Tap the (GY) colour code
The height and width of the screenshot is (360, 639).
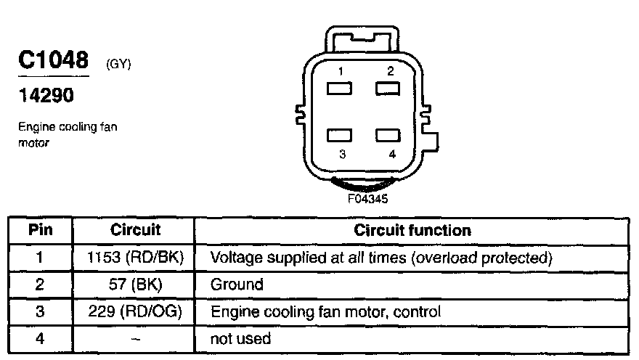click(118, 65)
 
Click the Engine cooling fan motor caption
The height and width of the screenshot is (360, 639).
click(68, 134)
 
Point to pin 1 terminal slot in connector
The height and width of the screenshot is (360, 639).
click(340, 89)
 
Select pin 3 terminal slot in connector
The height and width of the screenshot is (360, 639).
click(340, 136)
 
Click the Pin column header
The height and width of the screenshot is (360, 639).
click(41, 230)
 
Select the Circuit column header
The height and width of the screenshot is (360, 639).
click(135, 230)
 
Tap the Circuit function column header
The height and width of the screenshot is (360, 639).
click(412, 230)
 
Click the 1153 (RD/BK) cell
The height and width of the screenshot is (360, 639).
click(135, 257)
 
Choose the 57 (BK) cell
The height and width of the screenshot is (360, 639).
click(135, 284)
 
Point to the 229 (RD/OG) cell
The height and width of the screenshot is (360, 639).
click(135, 311)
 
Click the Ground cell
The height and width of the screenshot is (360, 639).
click(237, 284)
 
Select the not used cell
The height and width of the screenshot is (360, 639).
click(240, 338)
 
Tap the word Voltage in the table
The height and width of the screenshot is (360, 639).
click(234, 257)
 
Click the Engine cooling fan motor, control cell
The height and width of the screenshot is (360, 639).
click(325, 311)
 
